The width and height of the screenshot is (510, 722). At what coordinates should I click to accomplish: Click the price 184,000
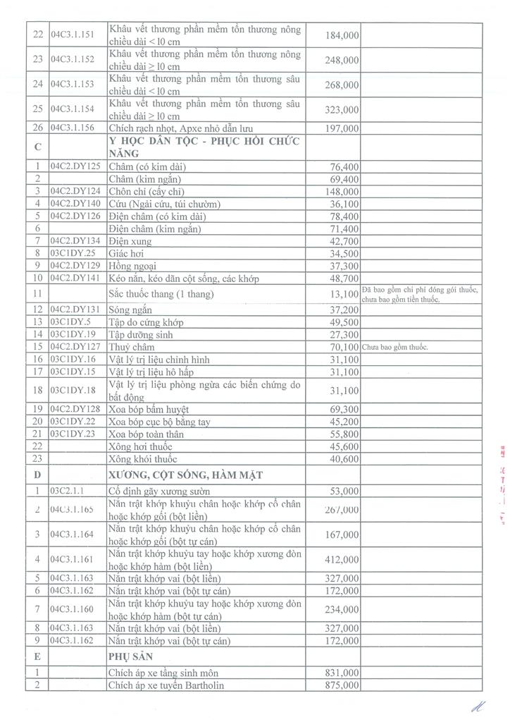coord(342,35)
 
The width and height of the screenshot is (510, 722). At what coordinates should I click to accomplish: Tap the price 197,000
coord(342,128)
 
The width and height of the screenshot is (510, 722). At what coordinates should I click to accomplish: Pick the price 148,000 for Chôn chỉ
coord(342,192)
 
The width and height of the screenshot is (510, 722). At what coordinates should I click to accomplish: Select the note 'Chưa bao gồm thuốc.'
coord(395,347)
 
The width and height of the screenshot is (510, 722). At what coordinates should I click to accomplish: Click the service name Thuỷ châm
coord(130,347)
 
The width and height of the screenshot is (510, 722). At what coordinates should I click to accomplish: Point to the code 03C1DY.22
coord(73,422)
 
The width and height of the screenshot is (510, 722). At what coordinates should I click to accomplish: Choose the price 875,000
coord(342,685)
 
